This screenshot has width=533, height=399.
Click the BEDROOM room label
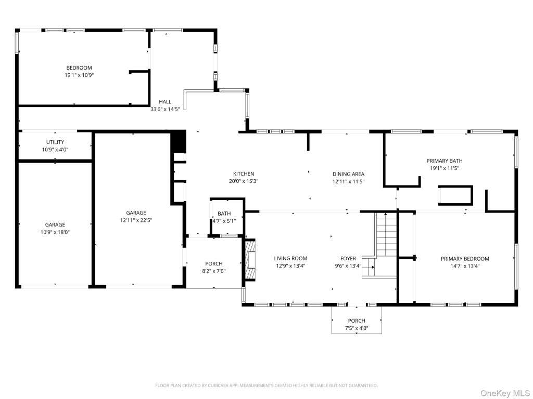[79, 68]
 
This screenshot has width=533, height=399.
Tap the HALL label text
[165, 101]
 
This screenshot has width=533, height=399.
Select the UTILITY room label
[55, 142]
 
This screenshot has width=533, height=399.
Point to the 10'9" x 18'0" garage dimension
[55, 232]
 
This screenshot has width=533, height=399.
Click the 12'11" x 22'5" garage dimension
[136, 220]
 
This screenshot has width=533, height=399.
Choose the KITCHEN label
[244, 174]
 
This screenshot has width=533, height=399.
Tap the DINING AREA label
[348, 174]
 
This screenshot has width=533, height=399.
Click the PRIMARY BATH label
[445, 161]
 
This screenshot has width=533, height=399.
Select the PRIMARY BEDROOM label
[465, 259]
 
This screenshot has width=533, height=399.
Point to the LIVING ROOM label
[290, 259]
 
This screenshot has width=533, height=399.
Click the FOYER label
[348, 259]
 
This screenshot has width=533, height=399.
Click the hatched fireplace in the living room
[250, 260]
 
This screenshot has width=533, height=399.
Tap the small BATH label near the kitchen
[224, 214]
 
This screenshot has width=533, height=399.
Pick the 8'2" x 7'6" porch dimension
[214, 271]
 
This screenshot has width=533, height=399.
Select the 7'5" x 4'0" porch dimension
[357, 328]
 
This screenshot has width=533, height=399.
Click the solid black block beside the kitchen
[179, 142]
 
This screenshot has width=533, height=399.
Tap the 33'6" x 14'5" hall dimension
[165, 109]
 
